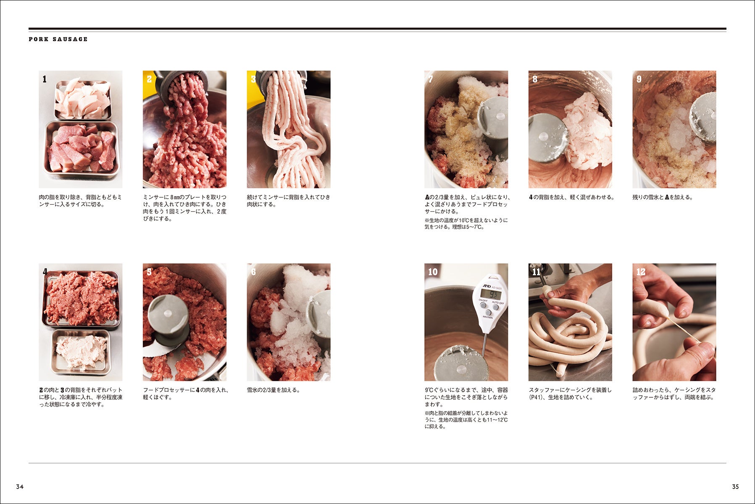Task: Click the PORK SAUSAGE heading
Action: pyautogui.click(x=58, y=39)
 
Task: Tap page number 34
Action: pyautogui.click(x=20, y=487)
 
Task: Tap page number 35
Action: pyautogui.click(x=735, y=487)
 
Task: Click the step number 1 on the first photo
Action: pyautogui.click(x=45, y=79)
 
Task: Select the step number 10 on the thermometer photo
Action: pyautogui.click(x=433, y=272)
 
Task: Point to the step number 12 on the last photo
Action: pyautogui.click(x=641, y=272)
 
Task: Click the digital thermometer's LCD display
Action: pyautogui.click(x=491, y=294)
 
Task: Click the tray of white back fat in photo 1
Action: pyautogui.click(x=83, y=99)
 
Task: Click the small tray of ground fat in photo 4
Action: pyautogui.click(x=81, y=352)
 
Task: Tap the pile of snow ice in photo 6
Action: pyautogui.click(x=294, y=319)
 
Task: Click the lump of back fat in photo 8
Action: pyautogui.click(x=587, y=130)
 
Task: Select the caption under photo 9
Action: pyautogui.click(x=663, y=197)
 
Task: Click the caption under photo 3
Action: pyautogui.click(x=289, y=201)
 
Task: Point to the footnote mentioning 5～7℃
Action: pyautogui.click(x=466, y=223)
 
